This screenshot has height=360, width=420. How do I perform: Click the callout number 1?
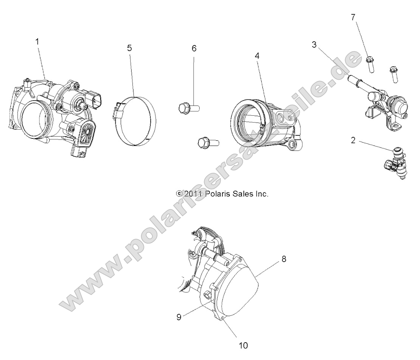37,42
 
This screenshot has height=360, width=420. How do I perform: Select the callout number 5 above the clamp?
129,48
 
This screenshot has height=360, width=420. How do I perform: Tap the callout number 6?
194,48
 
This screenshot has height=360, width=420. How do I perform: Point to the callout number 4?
257,56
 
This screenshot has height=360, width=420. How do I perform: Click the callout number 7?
353,17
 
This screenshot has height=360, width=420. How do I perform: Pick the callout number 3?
314,45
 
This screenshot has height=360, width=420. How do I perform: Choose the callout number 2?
353,140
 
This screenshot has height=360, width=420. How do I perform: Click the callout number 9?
179,317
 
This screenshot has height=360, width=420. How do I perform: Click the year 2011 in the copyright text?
191,194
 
